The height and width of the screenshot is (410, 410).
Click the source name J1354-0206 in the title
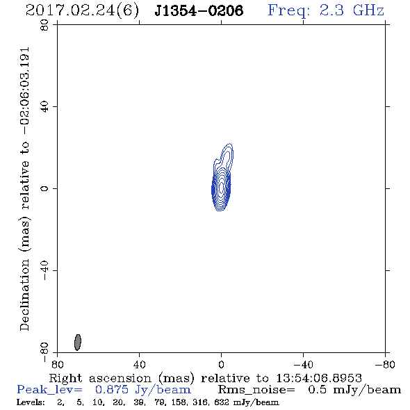point(199,10)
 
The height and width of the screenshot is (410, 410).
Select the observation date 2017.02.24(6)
point(82,11)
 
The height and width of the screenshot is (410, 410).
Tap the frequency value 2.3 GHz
point(352,10)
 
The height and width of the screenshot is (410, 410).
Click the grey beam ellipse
point(78,343)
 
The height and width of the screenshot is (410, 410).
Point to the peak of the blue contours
point(221,188)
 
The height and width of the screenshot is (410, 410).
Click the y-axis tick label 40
point(44,107)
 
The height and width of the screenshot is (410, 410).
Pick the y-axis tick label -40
point(44,270)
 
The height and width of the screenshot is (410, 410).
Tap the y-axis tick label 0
point(44,188)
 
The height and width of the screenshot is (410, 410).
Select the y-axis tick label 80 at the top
point(44,25)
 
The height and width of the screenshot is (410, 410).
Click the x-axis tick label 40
point(139,365)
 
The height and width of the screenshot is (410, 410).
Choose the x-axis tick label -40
point(303,365)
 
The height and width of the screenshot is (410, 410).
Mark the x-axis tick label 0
point(221,365)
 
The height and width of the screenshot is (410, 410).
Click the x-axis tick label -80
point(385,365)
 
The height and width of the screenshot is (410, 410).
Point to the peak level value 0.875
point(112,390)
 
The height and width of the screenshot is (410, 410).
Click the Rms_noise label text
point(256,390)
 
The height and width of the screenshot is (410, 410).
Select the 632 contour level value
point(222,402)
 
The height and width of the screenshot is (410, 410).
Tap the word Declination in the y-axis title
point(24,295)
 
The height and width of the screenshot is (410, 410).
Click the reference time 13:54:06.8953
point(319,378)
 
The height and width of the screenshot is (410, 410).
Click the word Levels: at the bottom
point(31,402)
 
